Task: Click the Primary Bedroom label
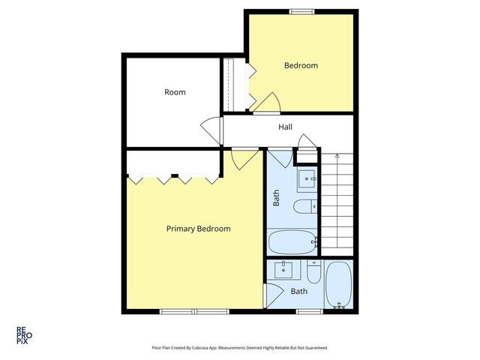coord(198,229)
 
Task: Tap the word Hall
coord(285,127)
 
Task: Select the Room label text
coord(175,92)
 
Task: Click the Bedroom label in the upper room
coord(300,66)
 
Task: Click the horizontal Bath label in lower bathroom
coord(298,292)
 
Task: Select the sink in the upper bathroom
coord(307,179)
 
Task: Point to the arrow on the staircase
coord(337,156)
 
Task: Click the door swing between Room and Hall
coord(214,129)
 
